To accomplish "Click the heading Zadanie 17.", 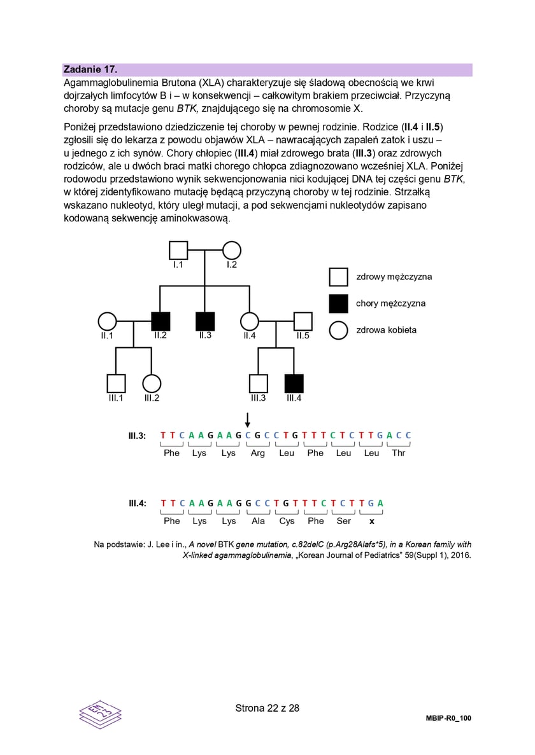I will pyautogui.click(x=90, y=69).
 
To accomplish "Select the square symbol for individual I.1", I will pyautogui.click(x=178, y=251).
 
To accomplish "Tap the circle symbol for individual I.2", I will pyautogui.click(x=232, y=251).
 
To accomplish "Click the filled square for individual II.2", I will pyautogui.click(x=160, y=321).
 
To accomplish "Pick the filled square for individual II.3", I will pyautogui.click(x=204, y=321).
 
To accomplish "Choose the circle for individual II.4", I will pyautogui.click(x=250, y=321).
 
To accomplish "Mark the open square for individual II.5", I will pyautogui.click(x=303, y=321).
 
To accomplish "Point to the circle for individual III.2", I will pyautogui.click(x=151, y=384).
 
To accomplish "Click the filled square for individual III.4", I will pyautogui.click(x=294, y=384).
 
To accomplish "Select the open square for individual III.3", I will pyautogui.click(x=258, y=384).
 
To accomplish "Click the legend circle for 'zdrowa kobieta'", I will pyautogui.click(x=338, y=330).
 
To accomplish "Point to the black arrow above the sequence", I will pyautogui.click(x=248, y=419).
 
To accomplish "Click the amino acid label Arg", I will pyautogui.click(x=257, y=454).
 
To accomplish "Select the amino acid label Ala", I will pyautogui.click(x=257, y=521).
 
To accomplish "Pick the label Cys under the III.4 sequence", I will pyautogui.click(x=287, y=521).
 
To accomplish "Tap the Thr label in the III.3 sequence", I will pyautogui.click(x=398, y=454).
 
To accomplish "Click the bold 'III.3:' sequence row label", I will pyautogui.click(x=137, y=436).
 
